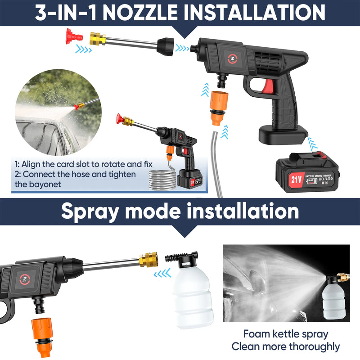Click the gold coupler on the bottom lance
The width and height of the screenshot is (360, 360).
coord(148,259)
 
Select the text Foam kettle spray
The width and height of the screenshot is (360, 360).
coord(285,334)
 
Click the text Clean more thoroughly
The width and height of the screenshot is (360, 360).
coord(285,346)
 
